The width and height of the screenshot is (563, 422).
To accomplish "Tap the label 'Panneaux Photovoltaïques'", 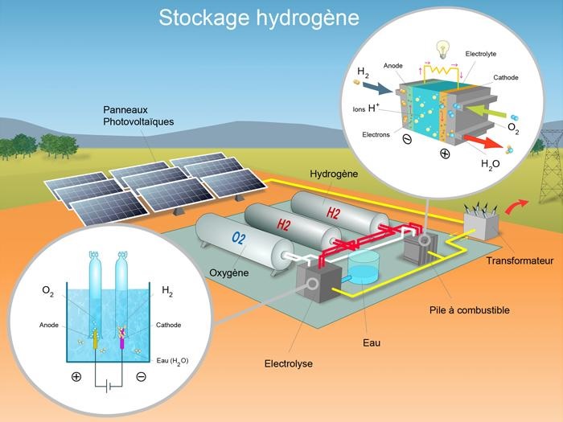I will tap(138, 115).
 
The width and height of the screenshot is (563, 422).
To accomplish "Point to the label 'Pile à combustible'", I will tap(470, 309).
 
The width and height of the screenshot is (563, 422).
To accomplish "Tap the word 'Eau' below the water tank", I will tap(371, 343).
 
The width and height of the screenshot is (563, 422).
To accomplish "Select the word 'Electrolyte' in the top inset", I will tap(481, 53).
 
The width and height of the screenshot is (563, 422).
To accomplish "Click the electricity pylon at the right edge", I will tap(550, 161).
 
